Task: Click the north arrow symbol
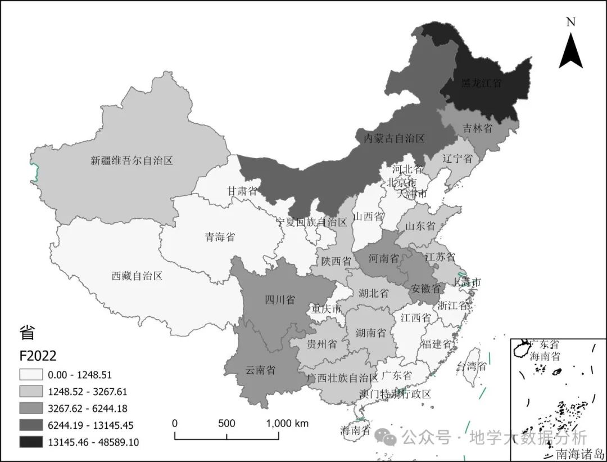[570, 51]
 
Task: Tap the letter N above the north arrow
[570, 22]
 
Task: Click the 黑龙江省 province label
[481, 83]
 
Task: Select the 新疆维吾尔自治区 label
[132, 160]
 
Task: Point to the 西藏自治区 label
[137, 276]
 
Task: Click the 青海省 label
[219, 237]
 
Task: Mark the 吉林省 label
[477, 128]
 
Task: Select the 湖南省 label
[371, 333]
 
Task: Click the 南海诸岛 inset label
[579, 452]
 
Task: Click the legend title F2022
[38, 356]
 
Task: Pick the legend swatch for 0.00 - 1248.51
[33, 374]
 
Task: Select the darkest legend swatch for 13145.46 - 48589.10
[33, 442]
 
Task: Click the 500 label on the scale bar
[227, 423]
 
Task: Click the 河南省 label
[384, 259]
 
